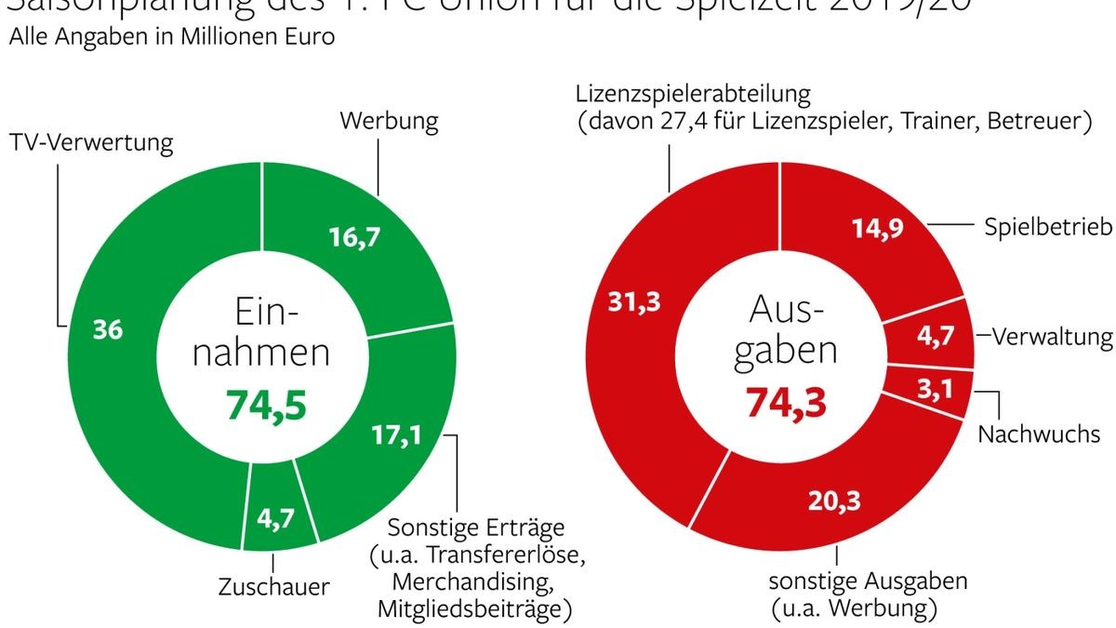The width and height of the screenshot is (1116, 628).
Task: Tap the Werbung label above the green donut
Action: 389,121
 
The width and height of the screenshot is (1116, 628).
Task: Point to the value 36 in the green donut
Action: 108,331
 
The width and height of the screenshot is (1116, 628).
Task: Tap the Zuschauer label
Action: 273,587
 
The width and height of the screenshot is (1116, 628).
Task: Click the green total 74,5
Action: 267,405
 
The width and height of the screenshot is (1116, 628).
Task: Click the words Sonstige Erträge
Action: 475,528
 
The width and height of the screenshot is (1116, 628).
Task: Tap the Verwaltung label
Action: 1052,337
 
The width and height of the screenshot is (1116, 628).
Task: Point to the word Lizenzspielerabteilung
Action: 694,94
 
